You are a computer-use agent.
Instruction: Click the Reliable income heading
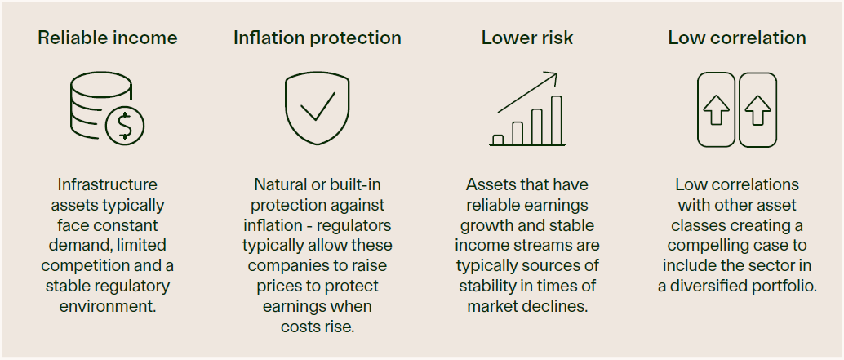(107, 38)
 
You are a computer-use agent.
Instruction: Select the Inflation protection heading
(317, 38)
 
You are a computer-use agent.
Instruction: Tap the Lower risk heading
(527, 38)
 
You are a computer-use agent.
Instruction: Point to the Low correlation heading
(737, 38)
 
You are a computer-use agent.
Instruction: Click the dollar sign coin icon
(125, 126)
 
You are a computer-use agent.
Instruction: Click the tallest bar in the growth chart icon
(556, 121)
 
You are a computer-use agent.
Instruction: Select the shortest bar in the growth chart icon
(498, 140)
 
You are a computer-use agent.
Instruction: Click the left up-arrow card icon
(716, 109)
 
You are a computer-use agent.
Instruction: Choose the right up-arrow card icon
(757, 109)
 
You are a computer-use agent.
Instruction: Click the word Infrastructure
(108, 184)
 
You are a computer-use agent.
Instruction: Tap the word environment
(108, 306)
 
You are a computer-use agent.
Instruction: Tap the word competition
(81, 266)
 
